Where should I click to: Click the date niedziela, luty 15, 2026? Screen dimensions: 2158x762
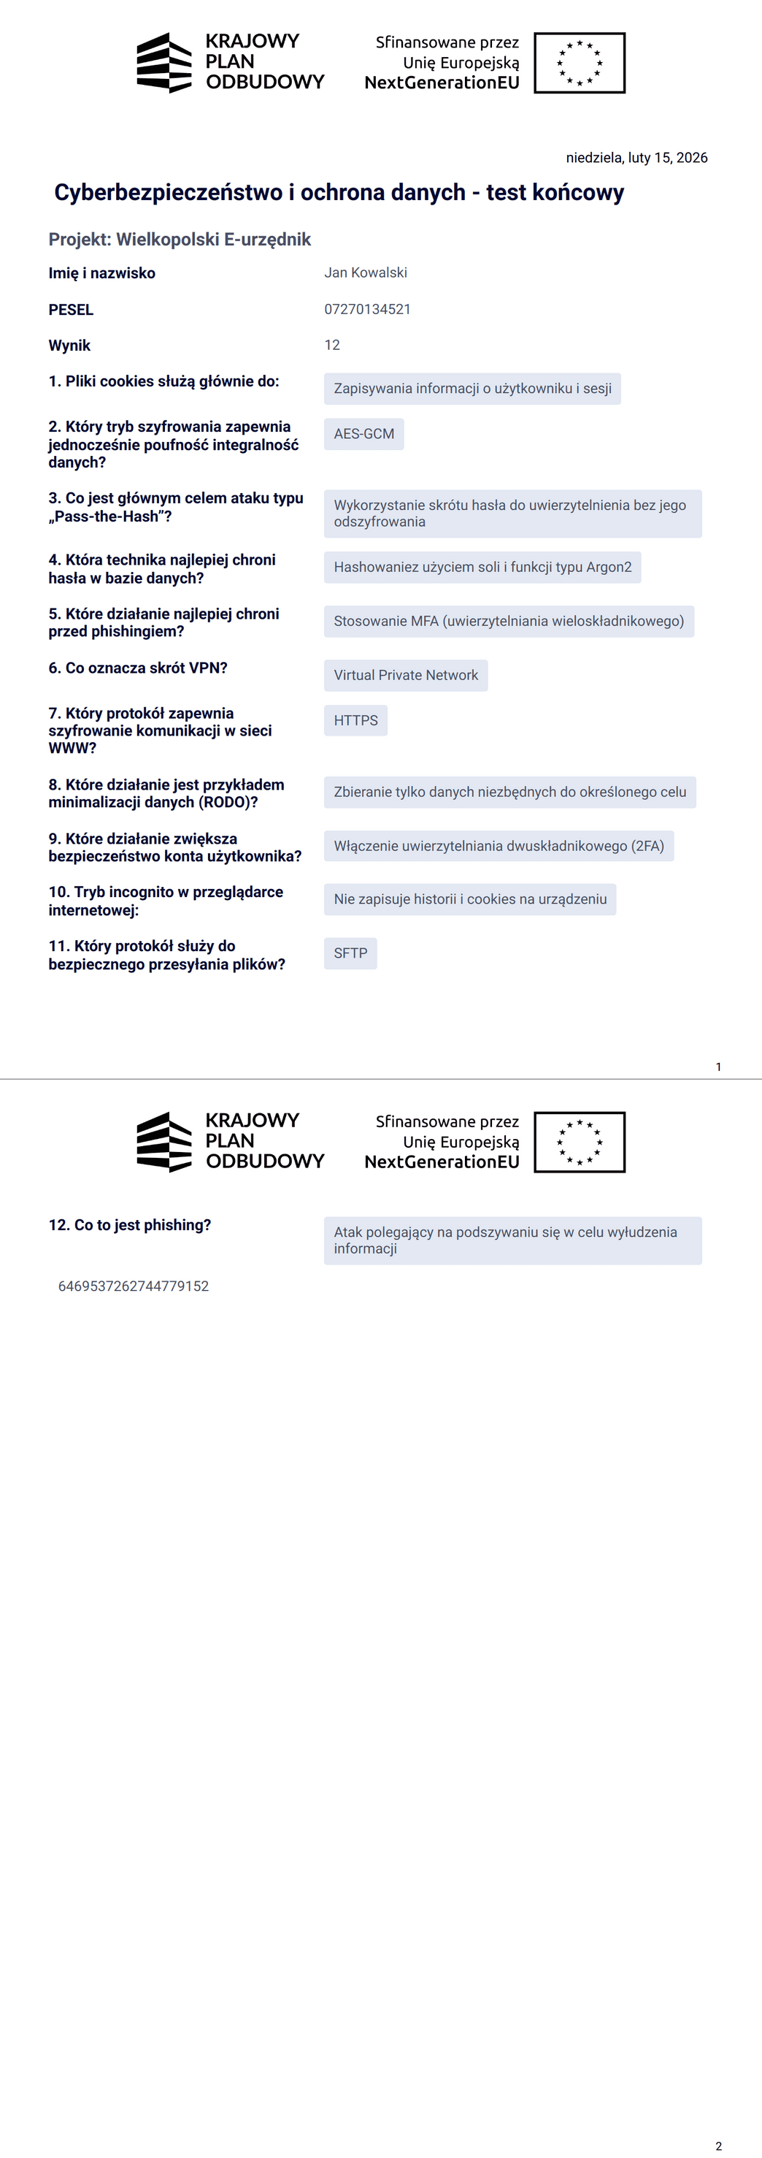pos(636,158)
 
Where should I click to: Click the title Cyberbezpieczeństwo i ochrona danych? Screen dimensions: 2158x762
pos(339,193)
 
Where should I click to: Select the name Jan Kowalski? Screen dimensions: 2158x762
pos(366,272)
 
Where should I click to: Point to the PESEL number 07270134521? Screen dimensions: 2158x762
pos(368,309)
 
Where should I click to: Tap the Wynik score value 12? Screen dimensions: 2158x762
pos(332,345)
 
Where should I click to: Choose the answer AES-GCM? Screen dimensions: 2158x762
pos(363,434)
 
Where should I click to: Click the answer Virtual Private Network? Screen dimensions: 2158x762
pos(405,675)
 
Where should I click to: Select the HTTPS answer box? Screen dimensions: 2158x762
pos(355,720)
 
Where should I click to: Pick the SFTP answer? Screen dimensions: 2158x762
pos(350,953)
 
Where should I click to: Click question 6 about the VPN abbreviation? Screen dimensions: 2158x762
pos(138,668)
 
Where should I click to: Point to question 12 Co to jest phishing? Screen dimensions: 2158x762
pos(130,1225)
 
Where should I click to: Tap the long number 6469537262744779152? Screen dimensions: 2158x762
pos(133,1286)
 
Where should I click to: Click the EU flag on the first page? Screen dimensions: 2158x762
pos(580,63)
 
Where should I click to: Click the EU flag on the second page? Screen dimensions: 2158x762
pos(580,1142)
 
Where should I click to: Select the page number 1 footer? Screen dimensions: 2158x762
pos(718,1067)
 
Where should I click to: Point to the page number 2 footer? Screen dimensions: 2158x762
pos(718,2146)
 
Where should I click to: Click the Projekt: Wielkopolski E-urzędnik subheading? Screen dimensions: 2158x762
pos(180,240)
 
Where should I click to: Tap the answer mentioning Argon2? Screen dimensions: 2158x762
pos(482,567)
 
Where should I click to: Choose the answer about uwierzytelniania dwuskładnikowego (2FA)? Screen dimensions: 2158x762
pos(499,846)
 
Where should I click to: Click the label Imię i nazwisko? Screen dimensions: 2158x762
pos(102,273)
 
